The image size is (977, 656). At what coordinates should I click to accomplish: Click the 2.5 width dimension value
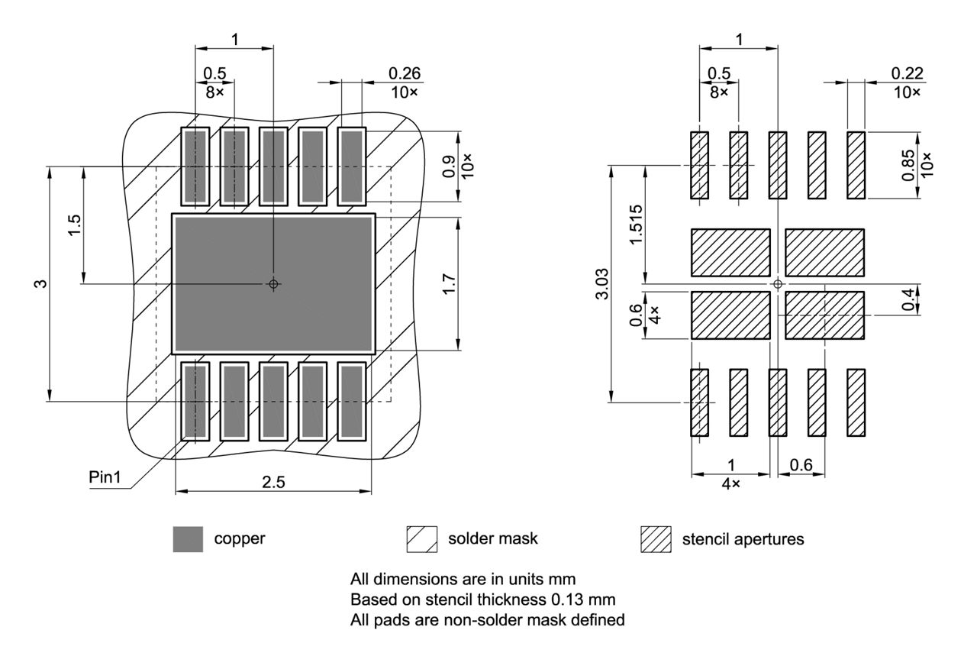click(x=272, y=483)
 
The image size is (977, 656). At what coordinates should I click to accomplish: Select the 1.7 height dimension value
click(x=450, y=284)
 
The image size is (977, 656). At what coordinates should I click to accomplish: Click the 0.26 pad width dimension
click(x=405, y=73)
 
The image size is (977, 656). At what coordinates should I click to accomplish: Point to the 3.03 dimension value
click(x=601, y=284)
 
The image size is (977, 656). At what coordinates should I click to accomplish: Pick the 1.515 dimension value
click(x=636, y=225)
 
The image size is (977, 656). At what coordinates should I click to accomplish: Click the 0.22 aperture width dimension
click(x=907, y=73)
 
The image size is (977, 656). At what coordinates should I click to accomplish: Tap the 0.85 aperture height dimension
click(x=908, y=165)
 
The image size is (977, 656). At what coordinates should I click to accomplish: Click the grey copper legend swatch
click(x=188, y=538)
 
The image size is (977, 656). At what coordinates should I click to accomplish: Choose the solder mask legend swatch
click(x=422, y=538)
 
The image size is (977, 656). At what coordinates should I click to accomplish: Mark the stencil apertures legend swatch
click(x=656, y=538)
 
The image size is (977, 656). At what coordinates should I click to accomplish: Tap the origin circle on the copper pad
click(x=273, y=284)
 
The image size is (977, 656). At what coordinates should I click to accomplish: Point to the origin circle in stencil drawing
click(x=777, y=284)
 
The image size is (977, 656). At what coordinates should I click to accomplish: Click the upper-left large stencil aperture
click(x=730, y=252)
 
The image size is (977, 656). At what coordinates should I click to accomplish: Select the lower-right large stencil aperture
click(x=824, y=315)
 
